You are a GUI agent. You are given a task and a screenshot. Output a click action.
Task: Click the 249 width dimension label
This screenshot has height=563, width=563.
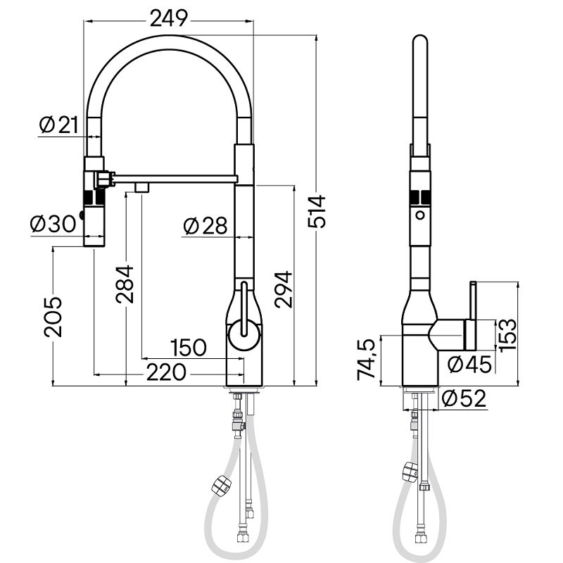tap(168, 18)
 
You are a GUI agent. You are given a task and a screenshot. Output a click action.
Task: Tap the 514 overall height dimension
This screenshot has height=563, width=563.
tap(317, 212)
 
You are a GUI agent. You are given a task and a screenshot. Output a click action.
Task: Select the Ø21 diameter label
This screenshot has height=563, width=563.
tap(58, 125)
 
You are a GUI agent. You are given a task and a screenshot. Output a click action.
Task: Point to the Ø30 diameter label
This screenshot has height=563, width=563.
tap(53, 224)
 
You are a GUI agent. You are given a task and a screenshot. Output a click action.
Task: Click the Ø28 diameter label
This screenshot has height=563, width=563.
tap(205, 226)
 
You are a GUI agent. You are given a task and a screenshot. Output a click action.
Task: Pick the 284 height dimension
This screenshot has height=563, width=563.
tap(125, 284)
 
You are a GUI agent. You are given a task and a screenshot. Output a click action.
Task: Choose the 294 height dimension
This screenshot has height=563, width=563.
tap(284, 290)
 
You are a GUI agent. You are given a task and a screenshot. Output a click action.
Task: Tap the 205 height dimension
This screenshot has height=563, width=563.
tap(53, 317)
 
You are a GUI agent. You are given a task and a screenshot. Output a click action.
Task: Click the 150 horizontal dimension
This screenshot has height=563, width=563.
tap(189, 348)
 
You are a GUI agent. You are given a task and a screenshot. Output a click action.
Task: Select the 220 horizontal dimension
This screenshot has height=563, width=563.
tap(166, 372)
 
